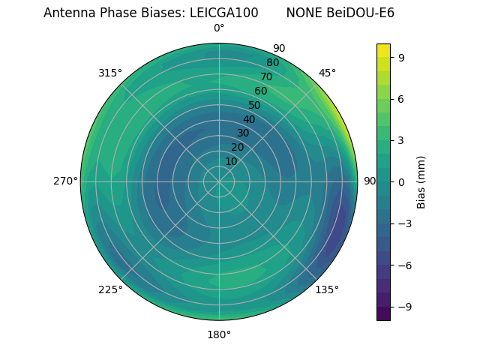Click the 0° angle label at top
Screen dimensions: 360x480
[x=219, y=28]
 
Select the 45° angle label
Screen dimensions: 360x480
[x=327, y=73]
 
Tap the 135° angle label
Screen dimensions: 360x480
[x=327, y=289]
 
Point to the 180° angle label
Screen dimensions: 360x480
[x=219, y=334]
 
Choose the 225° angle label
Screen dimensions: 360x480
[x=110, y=289]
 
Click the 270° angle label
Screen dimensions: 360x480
[x=65, y=181]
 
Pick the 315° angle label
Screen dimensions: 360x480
[x=110, y=73]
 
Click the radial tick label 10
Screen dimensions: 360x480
[x=231, y=161]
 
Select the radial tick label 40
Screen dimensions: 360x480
[x=249, y=119]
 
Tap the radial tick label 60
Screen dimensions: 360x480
[x=260, y=91]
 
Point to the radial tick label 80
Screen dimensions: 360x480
[x=272, y=63]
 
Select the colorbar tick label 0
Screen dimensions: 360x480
[x=402, y=181]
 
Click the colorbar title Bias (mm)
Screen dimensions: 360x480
[x=421, y=181]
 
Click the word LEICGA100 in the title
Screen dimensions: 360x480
[x=229, y=13]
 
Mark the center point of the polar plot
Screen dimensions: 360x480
[x=219, y=181]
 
